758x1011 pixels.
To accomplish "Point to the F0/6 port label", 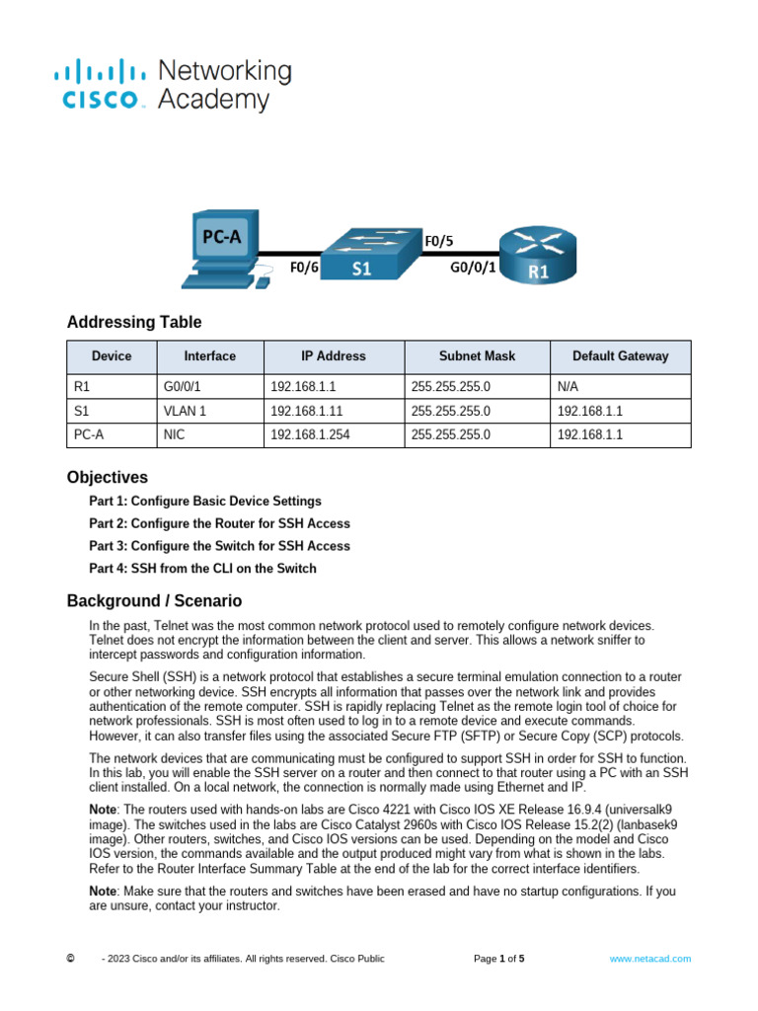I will click(x=303, y=268).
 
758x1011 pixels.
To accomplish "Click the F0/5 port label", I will click(x=440, y=240).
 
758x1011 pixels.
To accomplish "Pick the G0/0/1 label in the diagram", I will click(x=473, y=268).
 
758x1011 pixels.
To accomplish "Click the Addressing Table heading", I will click(x=134, y=322).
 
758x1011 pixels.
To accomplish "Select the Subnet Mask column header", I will click(x=477, y=356).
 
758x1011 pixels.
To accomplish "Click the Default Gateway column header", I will click(x=620, y=356).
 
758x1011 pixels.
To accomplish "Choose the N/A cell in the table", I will click(x=568, y=386).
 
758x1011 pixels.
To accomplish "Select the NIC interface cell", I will click(x=174, y=434).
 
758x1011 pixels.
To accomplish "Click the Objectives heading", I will click(x=108, y=477).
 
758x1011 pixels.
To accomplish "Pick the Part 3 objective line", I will click(x=219, y=545).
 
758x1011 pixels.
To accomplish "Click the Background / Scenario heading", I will click(x=154, y=600).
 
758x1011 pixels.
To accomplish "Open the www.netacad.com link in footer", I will click(x=649, y=958).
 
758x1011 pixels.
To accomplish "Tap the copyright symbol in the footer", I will click(x=69, y=958).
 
